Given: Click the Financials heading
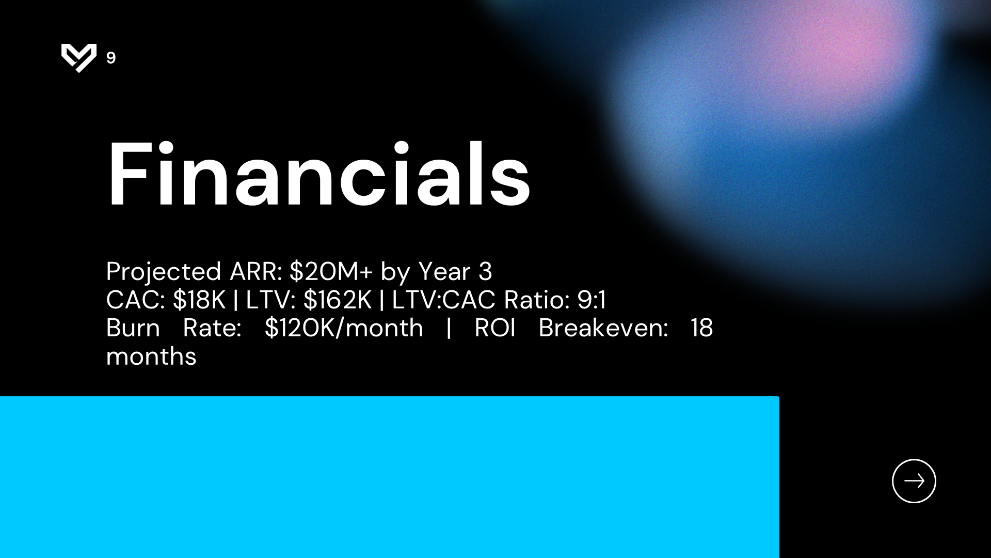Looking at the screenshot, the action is click(x=318, y=174).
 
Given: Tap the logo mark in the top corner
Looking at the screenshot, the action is click(x=79, y=58).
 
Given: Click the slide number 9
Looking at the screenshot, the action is click(x=111, y=58).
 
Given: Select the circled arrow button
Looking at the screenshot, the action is click(x=914, y=481).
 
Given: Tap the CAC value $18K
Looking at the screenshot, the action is click(x=199, y=300).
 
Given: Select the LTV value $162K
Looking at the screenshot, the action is click(x=338, y=300).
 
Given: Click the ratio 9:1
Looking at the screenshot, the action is click(x=592, y=300).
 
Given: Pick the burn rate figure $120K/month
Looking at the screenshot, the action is click(x=344, y=328).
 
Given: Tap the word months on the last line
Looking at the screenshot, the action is click(x=151, y=357).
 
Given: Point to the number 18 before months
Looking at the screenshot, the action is click(x=702, y=328).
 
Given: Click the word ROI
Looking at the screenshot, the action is click(x=495, y=328).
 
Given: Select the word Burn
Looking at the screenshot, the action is click(x=133, y=328).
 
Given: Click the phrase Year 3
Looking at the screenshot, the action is click(x=455, y=271).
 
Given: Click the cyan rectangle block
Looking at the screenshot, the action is click(x=389, y=477).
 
